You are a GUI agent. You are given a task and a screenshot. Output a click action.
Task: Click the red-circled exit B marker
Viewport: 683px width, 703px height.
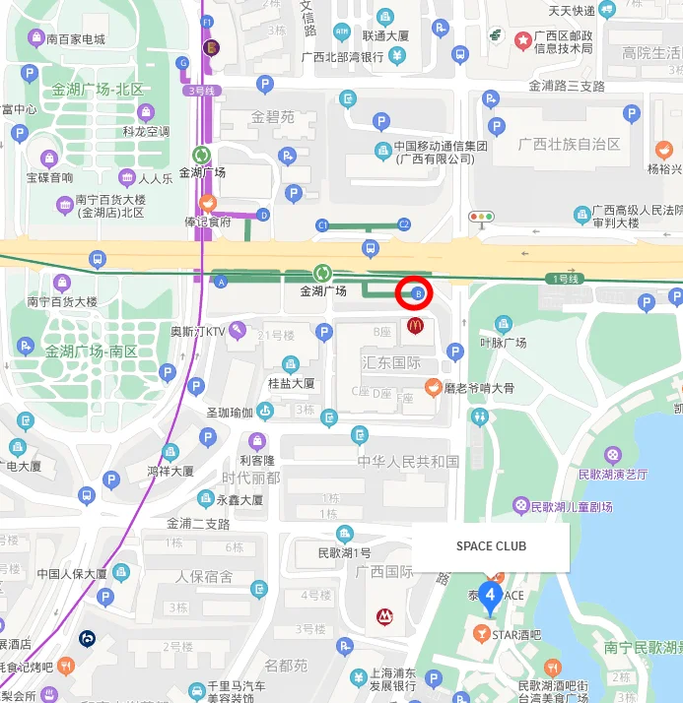[415, 293]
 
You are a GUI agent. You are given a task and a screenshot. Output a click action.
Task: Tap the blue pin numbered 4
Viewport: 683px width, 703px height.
[490, 598]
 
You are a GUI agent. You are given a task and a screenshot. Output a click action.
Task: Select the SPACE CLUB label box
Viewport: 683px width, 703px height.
[491, 546]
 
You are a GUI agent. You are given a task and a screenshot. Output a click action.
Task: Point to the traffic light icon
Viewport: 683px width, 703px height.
[482, 218]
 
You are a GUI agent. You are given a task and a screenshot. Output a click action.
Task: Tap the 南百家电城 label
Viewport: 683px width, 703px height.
[75, 39]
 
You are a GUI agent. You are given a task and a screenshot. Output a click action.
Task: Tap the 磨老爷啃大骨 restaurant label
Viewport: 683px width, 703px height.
[479, 387]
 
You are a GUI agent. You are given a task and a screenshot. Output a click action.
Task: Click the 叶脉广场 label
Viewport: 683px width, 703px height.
[503, 343]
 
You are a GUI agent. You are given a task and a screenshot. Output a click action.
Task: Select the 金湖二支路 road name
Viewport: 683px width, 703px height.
[198, 523]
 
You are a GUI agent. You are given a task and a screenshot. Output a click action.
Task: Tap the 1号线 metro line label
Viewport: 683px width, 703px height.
[566, 279]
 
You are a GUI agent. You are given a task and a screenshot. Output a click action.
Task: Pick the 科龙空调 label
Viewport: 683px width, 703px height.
[147, 131]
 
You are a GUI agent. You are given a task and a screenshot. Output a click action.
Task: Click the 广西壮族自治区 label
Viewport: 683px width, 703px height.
[571, 144]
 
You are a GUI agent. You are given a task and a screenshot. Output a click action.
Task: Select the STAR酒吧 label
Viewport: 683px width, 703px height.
[516, 635]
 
